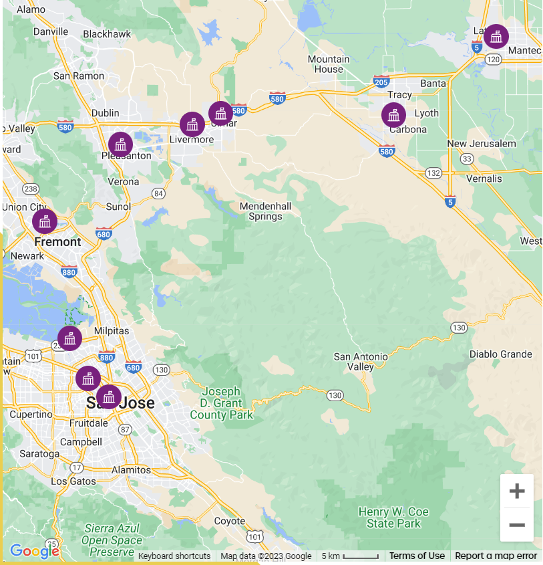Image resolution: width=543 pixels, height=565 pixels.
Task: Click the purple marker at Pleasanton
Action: pyautogui.click(x=121, y=144)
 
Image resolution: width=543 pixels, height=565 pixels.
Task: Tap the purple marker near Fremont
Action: pyautogui.click(x=45, y=221)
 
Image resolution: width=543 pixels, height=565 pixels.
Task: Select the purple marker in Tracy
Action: pyautogui.click(x=393, y=115)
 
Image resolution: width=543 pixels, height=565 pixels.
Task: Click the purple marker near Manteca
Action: pyautogui.click(x=496, y=37)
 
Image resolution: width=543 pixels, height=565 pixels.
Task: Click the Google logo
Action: pyautogui.click(x=34, y=552)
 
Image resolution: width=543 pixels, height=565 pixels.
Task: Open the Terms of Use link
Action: pyautogui.click(x=417, y=556)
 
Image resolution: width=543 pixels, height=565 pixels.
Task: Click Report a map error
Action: pyautogui.click(x=496, y=556)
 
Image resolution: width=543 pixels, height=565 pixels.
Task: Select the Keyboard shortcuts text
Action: pyautogui.click(x=174, y=556)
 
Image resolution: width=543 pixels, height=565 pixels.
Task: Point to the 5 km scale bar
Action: pyautogui.click(x=351, y=556)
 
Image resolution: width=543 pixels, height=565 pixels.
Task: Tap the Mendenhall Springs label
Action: pyautogui.click(x=265, y=211)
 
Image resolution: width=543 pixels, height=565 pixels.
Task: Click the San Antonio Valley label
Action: pyautogui.click(x=361, y=362)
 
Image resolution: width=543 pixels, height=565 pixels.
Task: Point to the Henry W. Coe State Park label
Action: pyautogui.click(x=393, y=518)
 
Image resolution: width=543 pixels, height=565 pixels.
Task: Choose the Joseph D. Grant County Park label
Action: pyautogui.click(x=222, y=403)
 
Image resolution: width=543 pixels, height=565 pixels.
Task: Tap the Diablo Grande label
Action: pyautogui.click(x=501, y=354)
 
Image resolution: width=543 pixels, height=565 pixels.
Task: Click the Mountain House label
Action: pyautogui.click(x=329, y=64)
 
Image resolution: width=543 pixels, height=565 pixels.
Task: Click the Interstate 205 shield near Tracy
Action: pyautogui.click(x=381, y=82)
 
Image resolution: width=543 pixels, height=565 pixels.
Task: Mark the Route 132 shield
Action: pyautogui.click(x=433, y=173)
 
